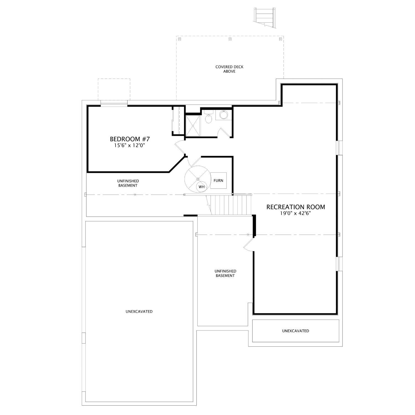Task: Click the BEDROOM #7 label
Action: [x=130, y=139]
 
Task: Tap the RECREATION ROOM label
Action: [x=295, y=207]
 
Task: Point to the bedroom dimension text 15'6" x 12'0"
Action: [x=130, y=145]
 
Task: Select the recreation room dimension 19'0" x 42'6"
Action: [x=295, y=213]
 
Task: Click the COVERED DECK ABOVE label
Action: [x=229, y=69]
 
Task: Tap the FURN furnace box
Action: [x=218, y=180]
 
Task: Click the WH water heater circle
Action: [x=202, y=187]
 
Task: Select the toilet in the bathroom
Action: [x=209, y=117]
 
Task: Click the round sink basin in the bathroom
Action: [x=223, y=114]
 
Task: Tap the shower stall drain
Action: [x=193, y=126]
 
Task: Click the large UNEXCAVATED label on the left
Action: [x=139, y=312]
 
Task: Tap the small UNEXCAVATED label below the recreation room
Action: [x=295, y=331]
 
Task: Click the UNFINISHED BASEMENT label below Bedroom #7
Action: [x=128, y=183]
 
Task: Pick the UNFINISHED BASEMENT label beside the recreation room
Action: [x=225, y=273]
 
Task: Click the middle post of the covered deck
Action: [x=230, y=39]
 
